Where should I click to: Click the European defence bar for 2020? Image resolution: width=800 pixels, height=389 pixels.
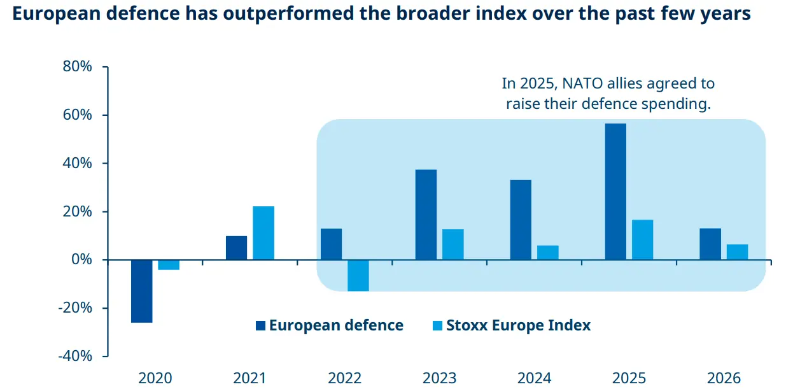[x=141, y=291]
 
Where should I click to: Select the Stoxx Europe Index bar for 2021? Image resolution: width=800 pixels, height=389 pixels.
[x=263, y=233]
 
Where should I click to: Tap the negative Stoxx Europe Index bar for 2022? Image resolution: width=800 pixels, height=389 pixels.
[x=358, y=275]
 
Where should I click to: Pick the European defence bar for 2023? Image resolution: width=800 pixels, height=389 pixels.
[x=426, y=215]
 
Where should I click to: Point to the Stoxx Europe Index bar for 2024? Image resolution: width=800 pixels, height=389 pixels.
[x=547, y=253]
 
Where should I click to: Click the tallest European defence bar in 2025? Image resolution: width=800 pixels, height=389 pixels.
[x=615, y=192]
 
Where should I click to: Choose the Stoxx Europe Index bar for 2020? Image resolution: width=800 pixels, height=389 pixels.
[x=169, y=265]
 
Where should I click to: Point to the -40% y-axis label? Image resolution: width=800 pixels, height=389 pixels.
[x=75, y=356]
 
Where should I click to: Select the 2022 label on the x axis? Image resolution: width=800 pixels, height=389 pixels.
[x=344, y=378]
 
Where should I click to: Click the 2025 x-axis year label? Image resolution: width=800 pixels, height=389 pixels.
[x=629, y=378]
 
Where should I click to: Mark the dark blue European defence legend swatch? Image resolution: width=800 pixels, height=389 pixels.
[x=260, y=326]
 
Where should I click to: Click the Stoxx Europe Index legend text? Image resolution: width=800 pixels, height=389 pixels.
[x=518, y=325]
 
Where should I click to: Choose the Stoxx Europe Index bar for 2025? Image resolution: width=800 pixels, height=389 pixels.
[x=642, y=239]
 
